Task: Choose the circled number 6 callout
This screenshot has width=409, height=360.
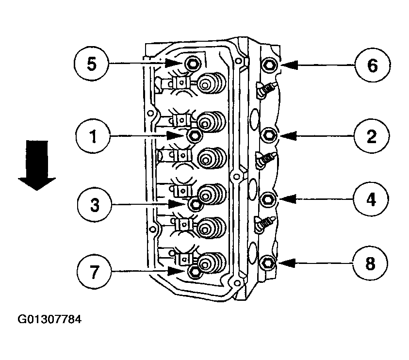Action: click(x=371, y=65)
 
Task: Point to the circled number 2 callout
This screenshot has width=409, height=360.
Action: click(x=371, y=136)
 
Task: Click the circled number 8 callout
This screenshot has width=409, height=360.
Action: click(x=371, y=263)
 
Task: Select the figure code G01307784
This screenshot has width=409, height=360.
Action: click(x=49, y=320)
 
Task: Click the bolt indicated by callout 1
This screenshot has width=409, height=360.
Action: click(x=193, y=135)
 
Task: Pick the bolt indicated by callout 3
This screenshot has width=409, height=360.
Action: click(x=195, y=205)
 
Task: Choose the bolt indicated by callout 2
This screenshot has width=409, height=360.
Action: click(x=270, y=135)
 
